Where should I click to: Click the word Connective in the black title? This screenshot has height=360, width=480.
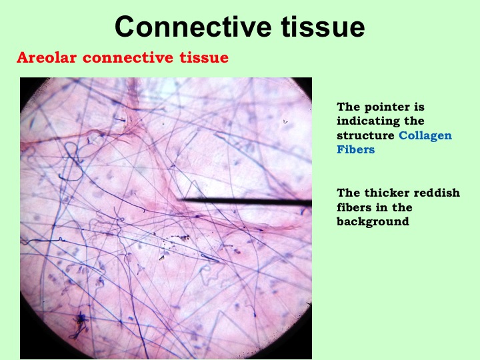pyautogui.click(x=193, y=26)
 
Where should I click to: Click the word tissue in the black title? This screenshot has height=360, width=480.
pyautogui.click(x=323, y=26)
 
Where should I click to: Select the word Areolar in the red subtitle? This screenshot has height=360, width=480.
pyautogui.click(x=47, y=57)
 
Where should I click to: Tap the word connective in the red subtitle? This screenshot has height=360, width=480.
pyautogui.click(x=128, y=57)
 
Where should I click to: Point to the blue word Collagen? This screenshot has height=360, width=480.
pyautogui.click(x=425, y=135)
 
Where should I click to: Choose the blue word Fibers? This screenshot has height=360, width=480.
pyautogui.click(x=356, y=149)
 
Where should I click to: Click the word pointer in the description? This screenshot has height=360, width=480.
pyautogui.click(x=386, y=107)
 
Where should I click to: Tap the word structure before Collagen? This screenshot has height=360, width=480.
pyautogui.click(x=365, y=135)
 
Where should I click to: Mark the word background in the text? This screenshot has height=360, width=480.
pyautogui.click(x=373, y=221)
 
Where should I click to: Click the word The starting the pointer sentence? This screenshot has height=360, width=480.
pyautogui.click(x=348, y=107)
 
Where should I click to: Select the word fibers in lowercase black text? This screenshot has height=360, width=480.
pyautogui.click(x=353, y=207)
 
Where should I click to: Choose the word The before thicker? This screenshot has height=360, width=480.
pyautogui.click(x=348, y=193)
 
